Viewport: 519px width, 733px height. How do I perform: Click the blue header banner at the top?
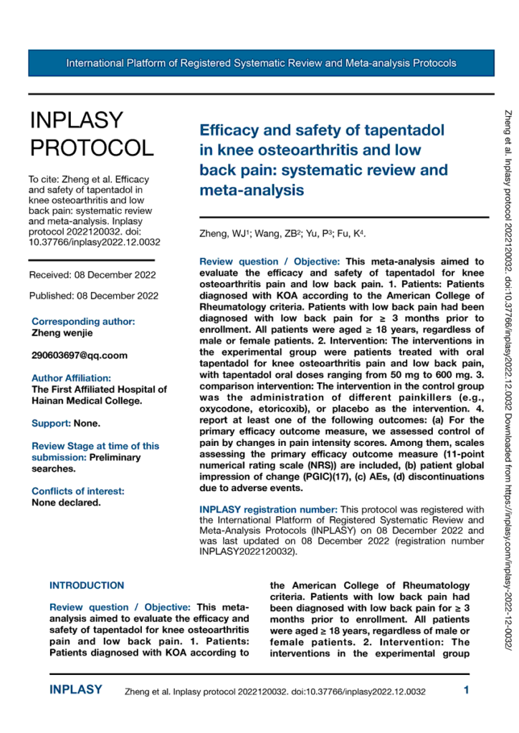point(259,63)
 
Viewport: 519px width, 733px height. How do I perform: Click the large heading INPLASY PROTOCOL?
point(90,134)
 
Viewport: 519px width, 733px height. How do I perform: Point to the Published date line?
point(92,295)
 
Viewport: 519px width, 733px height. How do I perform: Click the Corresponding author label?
point(83,322)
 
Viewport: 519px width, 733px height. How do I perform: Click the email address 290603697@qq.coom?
point(77,356)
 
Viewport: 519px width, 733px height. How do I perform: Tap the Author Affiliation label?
point(71,378)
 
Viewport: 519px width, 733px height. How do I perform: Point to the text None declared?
point(66,502)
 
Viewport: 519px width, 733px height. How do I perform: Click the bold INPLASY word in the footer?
point(75,691)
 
